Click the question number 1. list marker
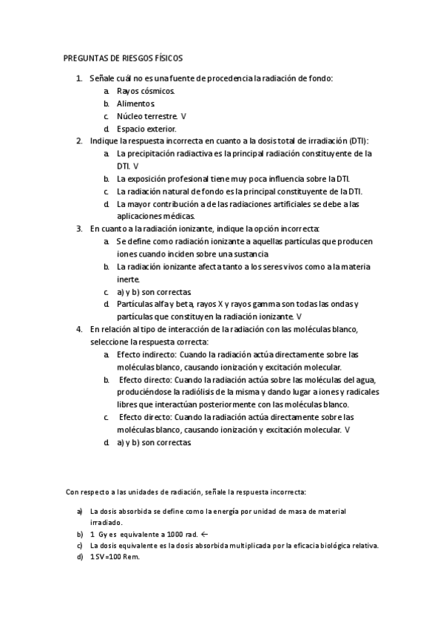(x=79, y=78)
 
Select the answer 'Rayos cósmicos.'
(x=146, y=91)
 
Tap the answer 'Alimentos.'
(x=136, y=104)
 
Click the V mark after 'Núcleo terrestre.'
(x=183, y=116)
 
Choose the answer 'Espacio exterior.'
(x=146, y=129)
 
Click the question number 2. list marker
(x=79, y=140)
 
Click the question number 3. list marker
(x=79, y=228)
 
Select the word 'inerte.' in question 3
(x=129, y=279)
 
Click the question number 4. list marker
(x=79, y=329)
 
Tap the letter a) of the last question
(x=79, y=511)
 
